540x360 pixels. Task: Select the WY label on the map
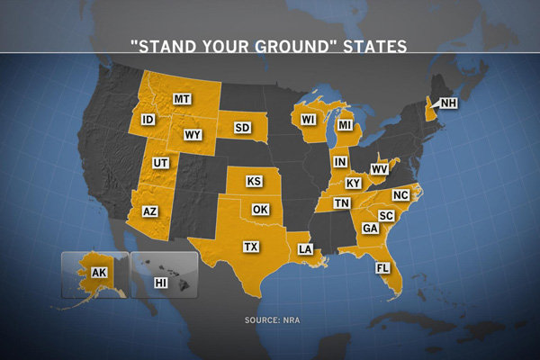tap(192, 135)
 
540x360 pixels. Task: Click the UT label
tap(161, 163)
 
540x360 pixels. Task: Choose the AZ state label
tap(150, 211)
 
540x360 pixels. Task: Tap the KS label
tap(255, 182)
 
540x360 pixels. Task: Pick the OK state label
tap(261, 210)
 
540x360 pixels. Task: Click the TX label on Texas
tap(251, 246)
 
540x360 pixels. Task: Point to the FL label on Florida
tap(383, 267)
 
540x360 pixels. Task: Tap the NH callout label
tap(448, 103)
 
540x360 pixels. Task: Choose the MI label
tap(344, 127)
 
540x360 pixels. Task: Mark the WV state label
tap(379, 168)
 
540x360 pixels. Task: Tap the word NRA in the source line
tap(289, 319)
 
